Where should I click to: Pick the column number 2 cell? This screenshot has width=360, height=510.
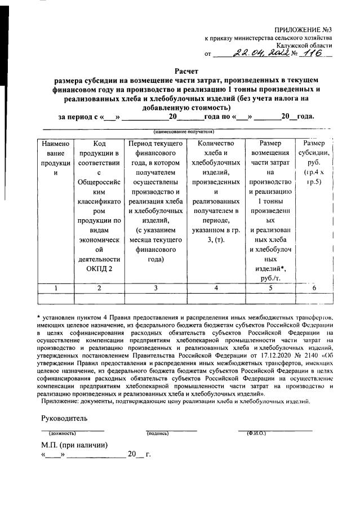click(x=99, y=287)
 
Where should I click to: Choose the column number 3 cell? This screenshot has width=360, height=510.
click(x=155, y=287)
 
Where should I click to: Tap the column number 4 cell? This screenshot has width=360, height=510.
click(x=216, y=287)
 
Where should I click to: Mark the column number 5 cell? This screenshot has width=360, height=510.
click(x=270, y=287)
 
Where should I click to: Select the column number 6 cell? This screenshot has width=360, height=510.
click(x=314, y=287)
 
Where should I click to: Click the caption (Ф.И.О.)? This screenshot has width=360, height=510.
click(x=257, y=433)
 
